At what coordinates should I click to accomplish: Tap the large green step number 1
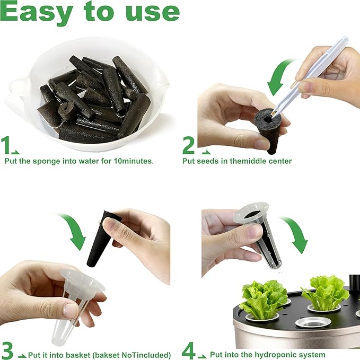point(5,145)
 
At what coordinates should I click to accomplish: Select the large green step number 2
point(189,145)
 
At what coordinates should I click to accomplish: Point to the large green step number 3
point(7,350)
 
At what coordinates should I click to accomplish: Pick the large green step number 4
point(188,350)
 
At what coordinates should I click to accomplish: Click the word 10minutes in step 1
point(134,161)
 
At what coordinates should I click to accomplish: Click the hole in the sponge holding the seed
point(268,119)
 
